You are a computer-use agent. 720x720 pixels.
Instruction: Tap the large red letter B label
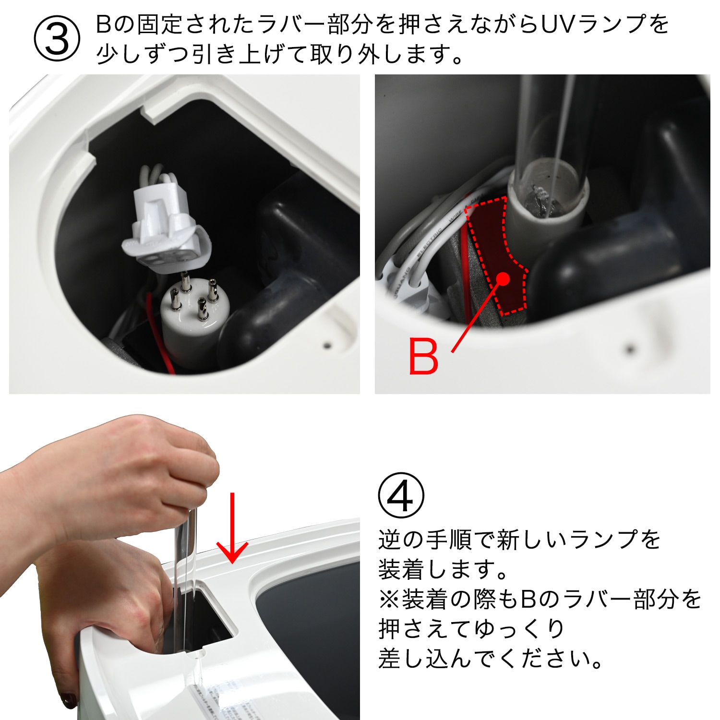click(423, 356)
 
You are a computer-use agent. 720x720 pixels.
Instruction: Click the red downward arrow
click(232, 528)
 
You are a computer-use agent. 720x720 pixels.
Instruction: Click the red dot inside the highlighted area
click(503, 278)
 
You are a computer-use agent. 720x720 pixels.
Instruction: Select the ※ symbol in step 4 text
click(389, 600)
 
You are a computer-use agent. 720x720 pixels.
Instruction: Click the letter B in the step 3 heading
click(104, 25)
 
